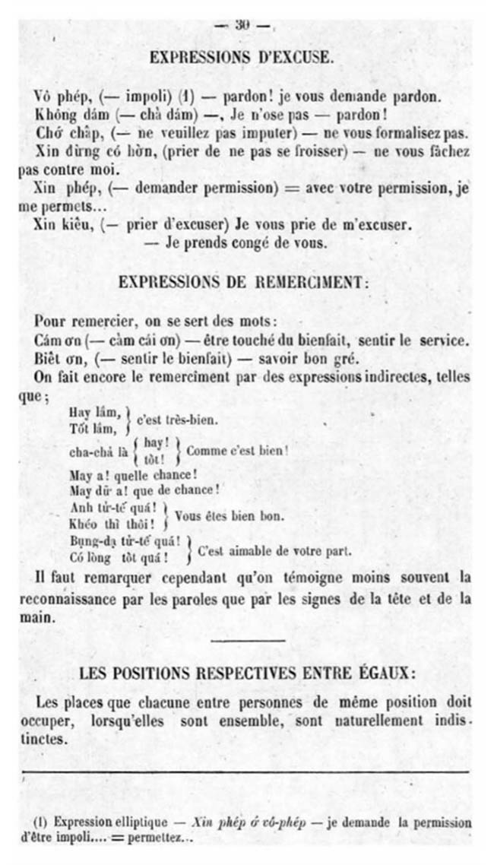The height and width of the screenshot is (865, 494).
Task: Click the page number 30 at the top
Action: click(242, 25)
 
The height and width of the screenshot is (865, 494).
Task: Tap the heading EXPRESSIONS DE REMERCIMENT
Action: click(244, 281)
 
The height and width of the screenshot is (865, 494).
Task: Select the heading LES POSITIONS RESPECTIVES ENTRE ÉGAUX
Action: click(246, 673)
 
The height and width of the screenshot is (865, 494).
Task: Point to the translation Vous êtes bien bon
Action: click(230, 515)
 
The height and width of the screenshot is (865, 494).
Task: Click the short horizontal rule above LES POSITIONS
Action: click(248, 641)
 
